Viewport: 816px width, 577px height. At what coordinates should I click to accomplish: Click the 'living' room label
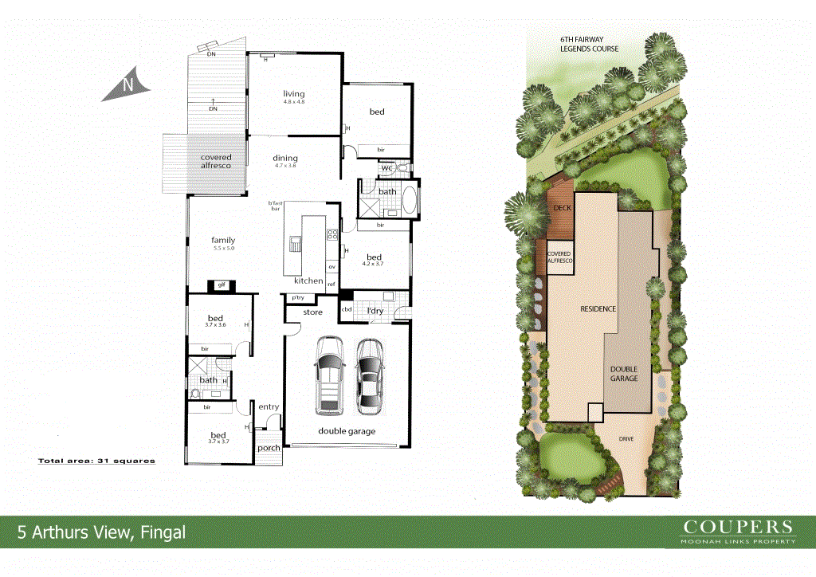click(294, 94)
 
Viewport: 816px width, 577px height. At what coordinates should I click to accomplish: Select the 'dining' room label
click(285, 158)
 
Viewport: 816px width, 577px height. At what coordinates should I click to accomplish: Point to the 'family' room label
click(223, 240)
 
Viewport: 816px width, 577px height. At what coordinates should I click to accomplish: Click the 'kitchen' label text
click(308, 281)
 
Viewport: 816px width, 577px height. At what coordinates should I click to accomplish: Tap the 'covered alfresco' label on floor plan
click(216, 161)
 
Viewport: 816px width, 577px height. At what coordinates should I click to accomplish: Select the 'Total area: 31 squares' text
click(96, 461)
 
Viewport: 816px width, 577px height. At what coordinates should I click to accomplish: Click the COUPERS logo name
click(739, 527)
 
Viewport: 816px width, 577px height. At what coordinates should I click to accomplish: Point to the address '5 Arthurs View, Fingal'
click(102, 532)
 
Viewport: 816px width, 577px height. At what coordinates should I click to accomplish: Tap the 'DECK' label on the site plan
click(562, 208)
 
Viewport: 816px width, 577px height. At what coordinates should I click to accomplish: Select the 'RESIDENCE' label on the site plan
click(598, 308)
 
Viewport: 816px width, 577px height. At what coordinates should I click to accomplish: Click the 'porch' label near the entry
click(269, 447)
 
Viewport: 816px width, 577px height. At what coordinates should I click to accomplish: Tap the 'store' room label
click(313, 312)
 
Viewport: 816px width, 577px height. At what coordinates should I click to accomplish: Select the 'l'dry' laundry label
click(375, 309)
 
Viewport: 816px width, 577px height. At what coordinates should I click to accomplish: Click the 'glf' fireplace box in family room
click(220, 285)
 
